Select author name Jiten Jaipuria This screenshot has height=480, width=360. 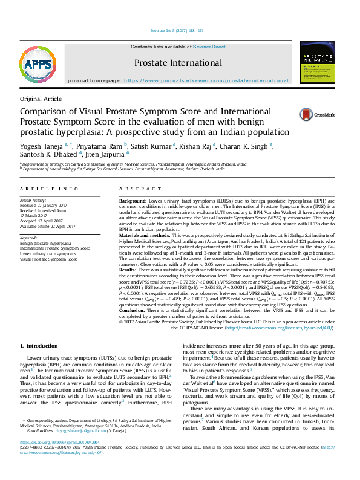pos(107,154)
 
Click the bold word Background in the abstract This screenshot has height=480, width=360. pos(133,200)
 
